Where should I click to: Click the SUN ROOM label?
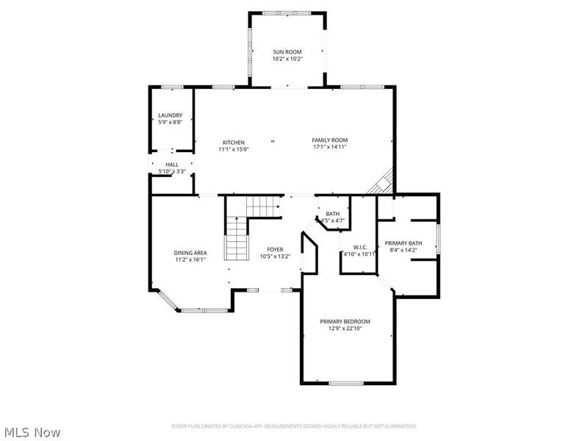click(287, 52)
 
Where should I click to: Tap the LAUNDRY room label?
click(170, 115)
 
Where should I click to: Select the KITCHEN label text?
click(234, 143)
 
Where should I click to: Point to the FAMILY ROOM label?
click(329, 140)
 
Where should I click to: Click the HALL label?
click(171, 165)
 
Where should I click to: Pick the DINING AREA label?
click(190, 252)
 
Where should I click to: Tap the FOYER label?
click(276, 250)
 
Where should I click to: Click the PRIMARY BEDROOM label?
click(345, 321)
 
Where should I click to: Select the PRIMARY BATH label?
click(404, 243)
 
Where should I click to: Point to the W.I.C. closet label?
click(359, 247)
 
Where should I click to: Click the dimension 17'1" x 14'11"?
click(329, 147)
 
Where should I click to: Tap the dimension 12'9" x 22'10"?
click(345, 329)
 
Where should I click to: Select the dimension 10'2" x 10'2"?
click(287, 59)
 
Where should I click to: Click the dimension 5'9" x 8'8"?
click(170, 122)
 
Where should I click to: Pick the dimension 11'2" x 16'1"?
click(190, 259)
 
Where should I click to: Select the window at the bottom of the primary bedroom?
click(345, 383)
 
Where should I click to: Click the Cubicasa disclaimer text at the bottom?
click(294, 426)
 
